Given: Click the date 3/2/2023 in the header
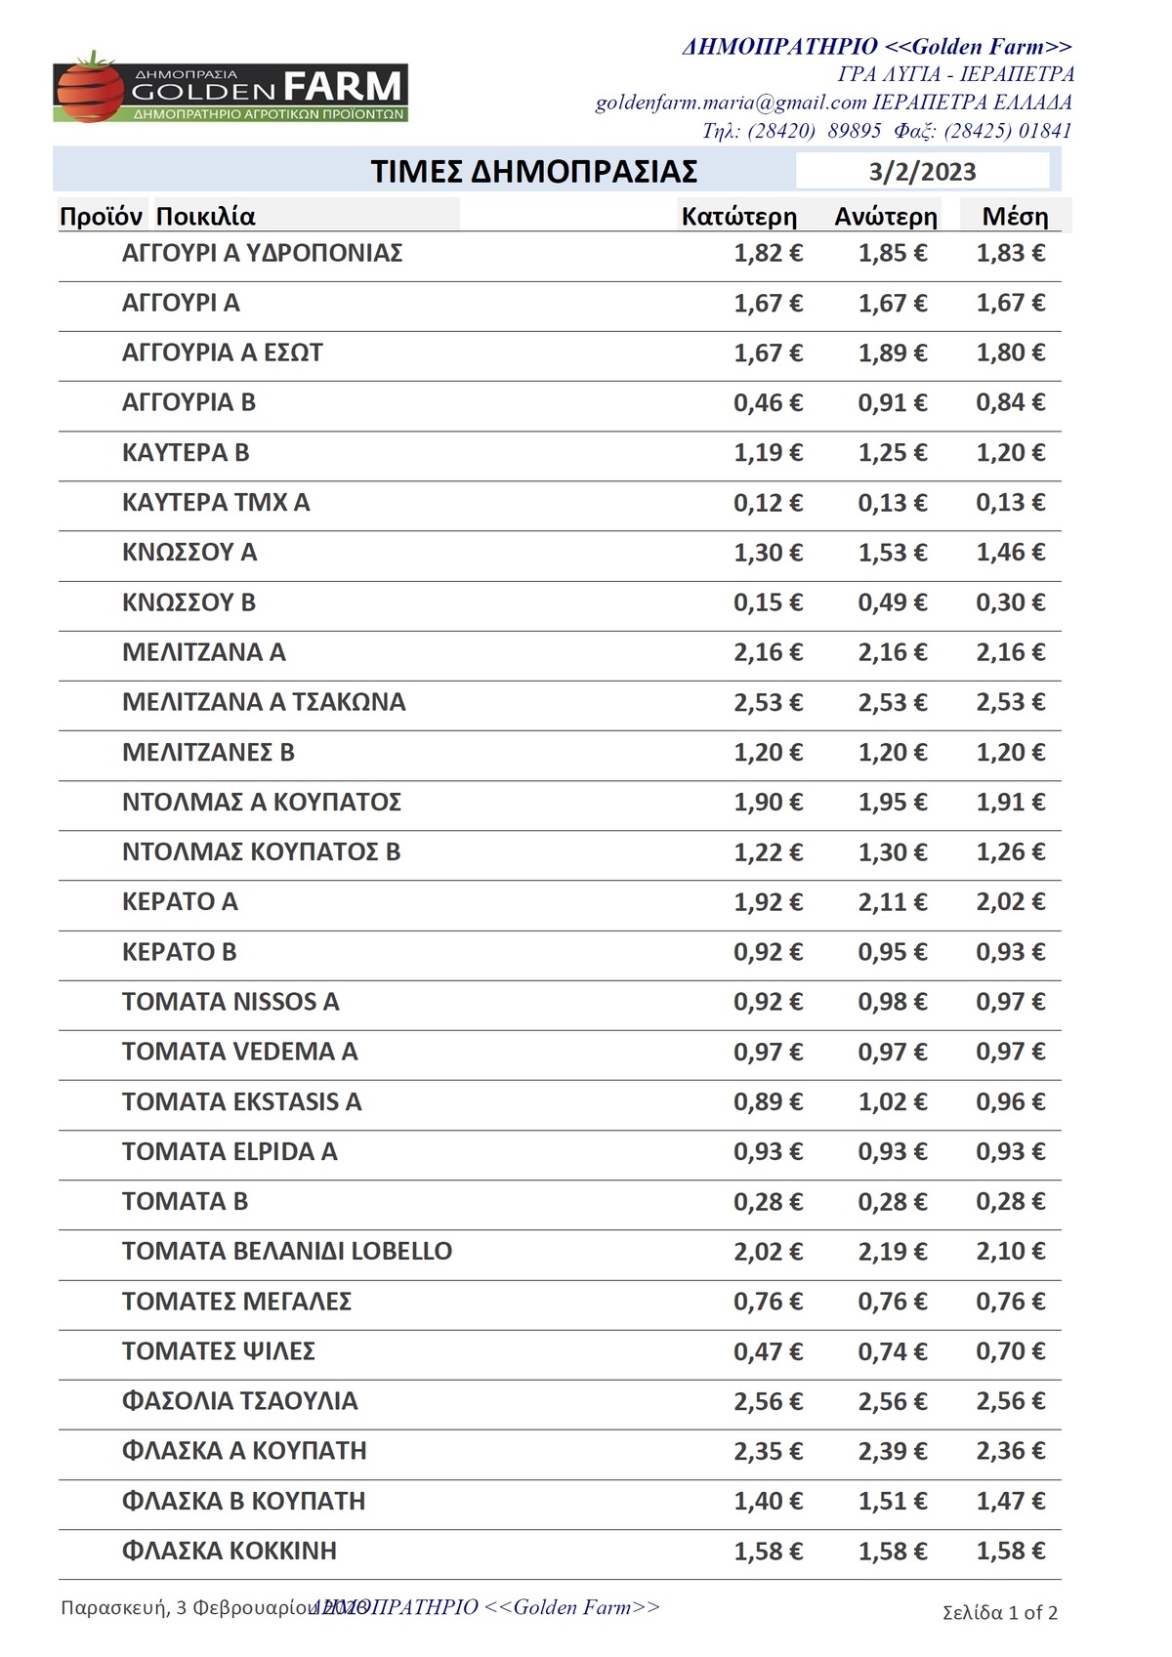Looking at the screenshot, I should click(x=922, y=172).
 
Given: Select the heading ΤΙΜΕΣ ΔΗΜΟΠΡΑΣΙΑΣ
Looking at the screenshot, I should click(x=533, y=172).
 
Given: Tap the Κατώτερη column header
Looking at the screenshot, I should click(x=738, y=217).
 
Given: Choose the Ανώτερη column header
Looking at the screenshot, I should click(x=885, y=217).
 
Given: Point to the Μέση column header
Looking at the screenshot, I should click(x=1015, y=217).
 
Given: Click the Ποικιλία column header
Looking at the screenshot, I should click(x=205, y=217).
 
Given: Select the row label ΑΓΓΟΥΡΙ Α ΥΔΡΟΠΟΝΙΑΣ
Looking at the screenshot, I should click(x=262, y=254).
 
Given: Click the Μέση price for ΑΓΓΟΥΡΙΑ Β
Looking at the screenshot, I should click(x=1010, y=402).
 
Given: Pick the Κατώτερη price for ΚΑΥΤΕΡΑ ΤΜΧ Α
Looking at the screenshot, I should click(x=768, y=503).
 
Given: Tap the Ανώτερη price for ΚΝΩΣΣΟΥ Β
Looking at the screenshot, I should click(x=892, y=602).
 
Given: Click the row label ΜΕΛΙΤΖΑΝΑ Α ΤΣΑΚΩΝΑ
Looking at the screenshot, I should click(x=264, y=702).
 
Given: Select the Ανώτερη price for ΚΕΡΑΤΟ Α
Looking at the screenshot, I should click(x=892, y=902).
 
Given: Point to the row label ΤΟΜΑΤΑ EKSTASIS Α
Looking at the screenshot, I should click(x=241, y=1102).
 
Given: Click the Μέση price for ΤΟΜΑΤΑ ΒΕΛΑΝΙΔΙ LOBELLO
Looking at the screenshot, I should click(x=1010, y=1252).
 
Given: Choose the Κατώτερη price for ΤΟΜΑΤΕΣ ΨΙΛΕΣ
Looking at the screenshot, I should click(x=768, y=1352).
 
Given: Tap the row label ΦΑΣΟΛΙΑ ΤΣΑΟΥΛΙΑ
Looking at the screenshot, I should click(x=239, y=1401).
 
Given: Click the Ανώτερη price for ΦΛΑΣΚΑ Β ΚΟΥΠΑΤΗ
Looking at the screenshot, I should click(x=892, y=1502).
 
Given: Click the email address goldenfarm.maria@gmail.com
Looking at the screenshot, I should click(x=731, y=103).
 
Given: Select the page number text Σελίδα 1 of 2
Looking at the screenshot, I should click(x=1000, y=1612).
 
